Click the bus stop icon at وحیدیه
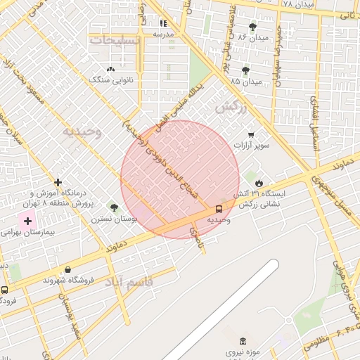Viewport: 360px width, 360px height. pos(219,209)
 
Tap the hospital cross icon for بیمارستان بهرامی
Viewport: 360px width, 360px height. pos(27,220)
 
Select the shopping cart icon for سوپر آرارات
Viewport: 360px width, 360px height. pos(251,134)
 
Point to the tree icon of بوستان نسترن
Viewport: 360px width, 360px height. pos(114,207)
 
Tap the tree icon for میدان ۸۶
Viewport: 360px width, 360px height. pos(253,27)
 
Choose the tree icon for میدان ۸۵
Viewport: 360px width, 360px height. pos(245,70)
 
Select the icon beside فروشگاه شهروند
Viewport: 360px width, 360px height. pos(67,269)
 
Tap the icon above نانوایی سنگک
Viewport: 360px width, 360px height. pos(110,69)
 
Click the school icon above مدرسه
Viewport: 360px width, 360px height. pos(163,22)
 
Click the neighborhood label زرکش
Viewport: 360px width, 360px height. pos(231,109)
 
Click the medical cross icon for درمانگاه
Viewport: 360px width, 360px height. pos(58,182)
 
